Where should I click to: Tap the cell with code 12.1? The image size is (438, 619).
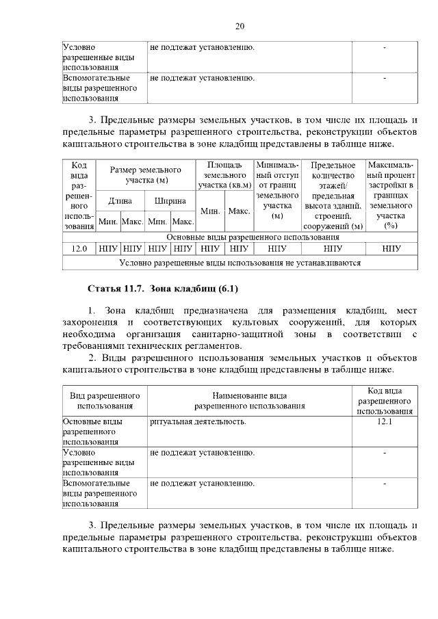click(384, 422)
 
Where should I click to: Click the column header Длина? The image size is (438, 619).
click(120, 202)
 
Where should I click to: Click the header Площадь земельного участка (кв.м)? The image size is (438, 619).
click(224, 175)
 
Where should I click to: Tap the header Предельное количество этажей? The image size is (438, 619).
click(333, 196)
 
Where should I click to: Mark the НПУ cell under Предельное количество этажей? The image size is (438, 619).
click(333, 249)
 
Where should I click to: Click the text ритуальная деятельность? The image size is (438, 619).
click(198, 422)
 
